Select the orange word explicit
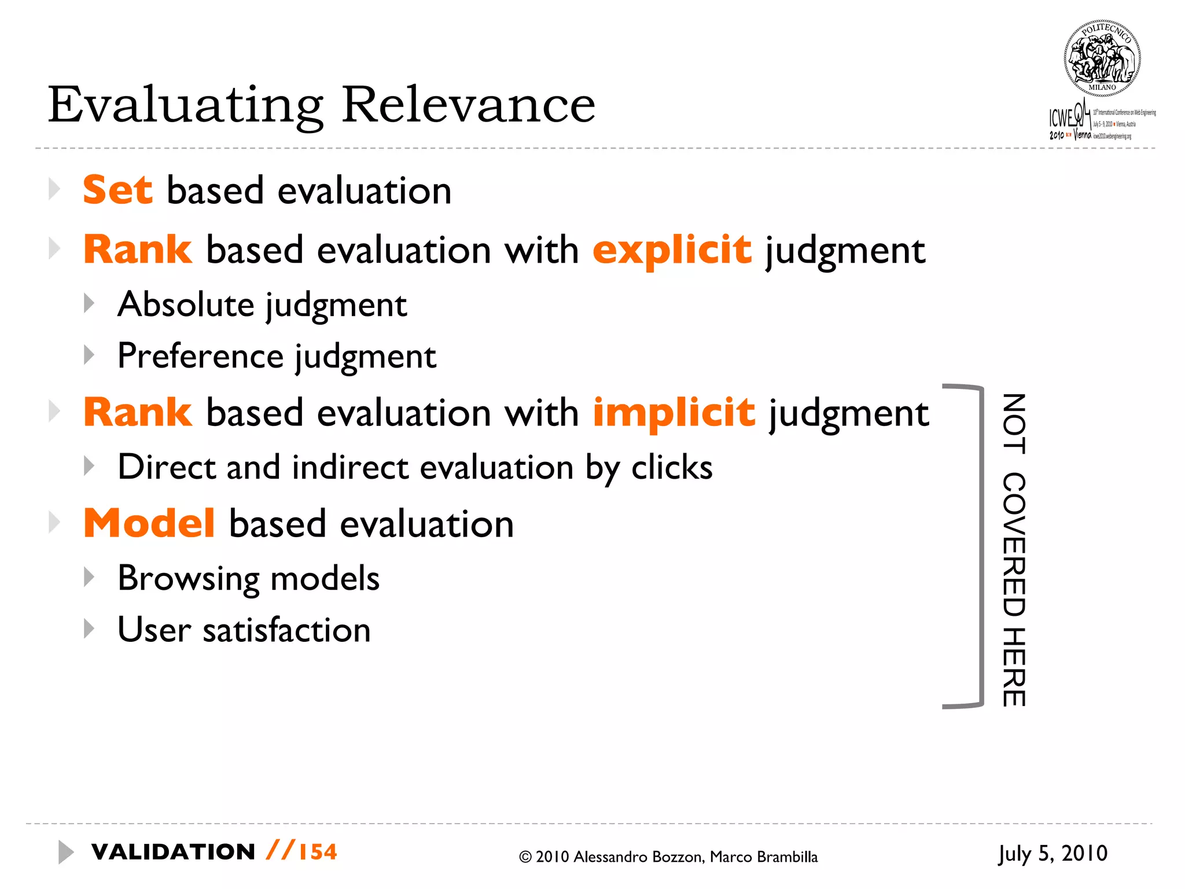coord(672,250)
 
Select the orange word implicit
coord(674,413)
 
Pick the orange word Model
coord(149,523)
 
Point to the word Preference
coord(200,355)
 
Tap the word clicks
coord(672,467)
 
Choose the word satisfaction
coord(286,630)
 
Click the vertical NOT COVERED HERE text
coord(1014,550)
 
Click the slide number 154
coord(318,852)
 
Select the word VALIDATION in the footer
coord(173,852)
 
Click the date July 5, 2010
coord(1052,854)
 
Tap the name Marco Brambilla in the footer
coord(764,857)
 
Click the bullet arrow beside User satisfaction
coord(89,629)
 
